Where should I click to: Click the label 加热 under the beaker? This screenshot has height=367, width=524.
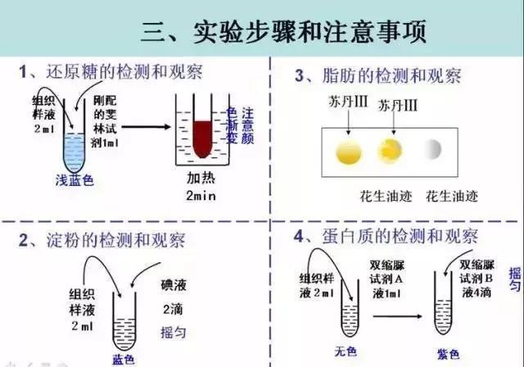[201, 179]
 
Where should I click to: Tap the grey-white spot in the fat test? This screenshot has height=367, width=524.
[431, 149]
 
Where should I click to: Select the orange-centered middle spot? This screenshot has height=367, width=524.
[387, 150]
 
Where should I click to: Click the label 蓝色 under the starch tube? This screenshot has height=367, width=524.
[123, 359]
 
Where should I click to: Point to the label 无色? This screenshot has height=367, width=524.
[351, 354]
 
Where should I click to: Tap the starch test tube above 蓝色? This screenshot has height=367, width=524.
[123, 324]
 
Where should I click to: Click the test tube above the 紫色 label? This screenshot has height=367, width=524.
[445, 315]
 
